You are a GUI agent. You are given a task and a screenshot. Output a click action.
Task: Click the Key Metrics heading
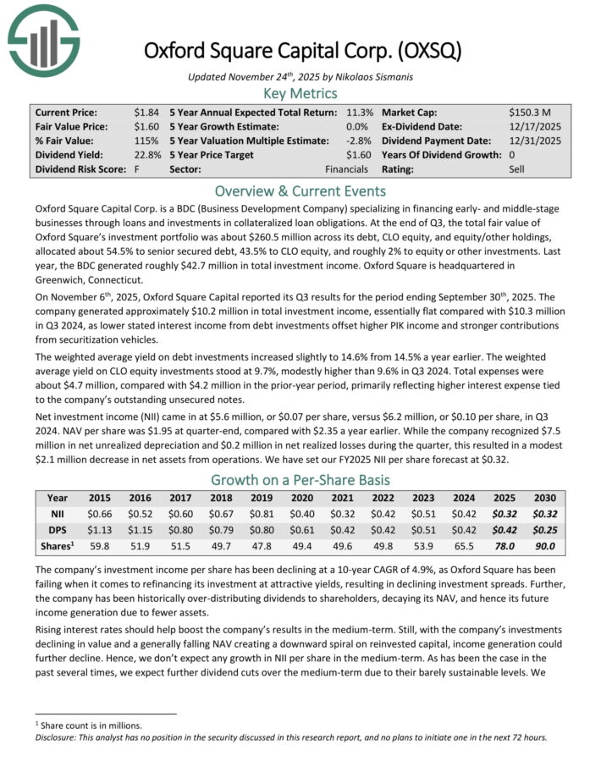pyautogui.click(x=300, y=92)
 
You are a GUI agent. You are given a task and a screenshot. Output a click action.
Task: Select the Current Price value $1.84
pyautogui.click(x=145, y=112)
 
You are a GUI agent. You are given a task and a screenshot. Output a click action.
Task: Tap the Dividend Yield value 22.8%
pyautogui.click(x=146, y=155)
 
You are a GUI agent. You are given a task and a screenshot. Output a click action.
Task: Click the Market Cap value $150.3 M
pyautogui.click(x=530, y=112)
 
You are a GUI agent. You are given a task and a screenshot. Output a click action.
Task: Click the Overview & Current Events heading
pyautogui.click(x=300, y=190)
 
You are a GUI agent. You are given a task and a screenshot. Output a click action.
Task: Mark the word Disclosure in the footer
pyautogui.click(x=52, y=736)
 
